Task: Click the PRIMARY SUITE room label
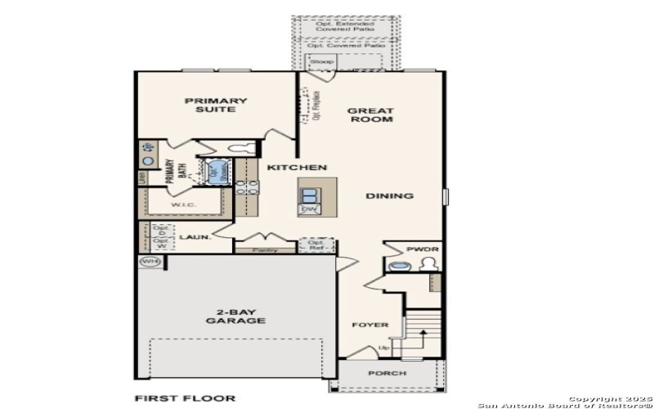(216, 106)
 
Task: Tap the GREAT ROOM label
(370, 115)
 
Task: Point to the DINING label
(389, 196)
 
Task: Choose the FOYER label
(370, 325)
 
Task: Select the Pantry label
(265, 249)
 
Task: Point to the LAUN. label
(195, 237)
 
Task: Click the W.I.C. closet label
(181, 204)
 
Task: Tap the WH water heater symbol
(150, 262)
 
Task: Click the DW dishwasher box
(309, 209)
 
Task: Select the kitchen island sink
(310, 195)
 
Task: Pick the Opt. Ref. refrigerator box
(315, 245)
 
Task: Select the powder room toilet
(427, 264)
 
